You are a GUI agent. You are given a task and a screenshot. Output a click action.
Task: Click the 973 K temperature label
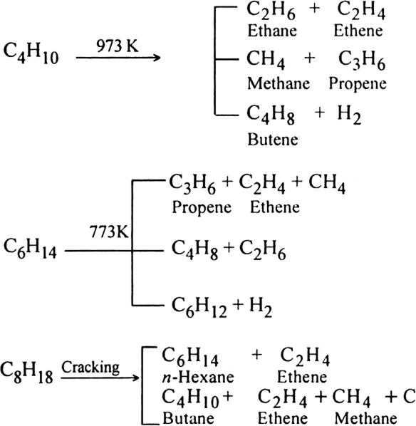click(118, 46)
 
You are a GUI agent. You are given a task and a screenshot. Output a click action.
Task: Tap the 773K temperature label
click(109, 232)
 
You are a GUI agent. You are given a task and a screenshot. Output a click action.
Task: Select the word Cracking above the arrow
click(90, 368)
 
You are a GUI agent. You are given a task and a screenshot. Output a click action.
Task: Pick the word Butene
click(273, 140)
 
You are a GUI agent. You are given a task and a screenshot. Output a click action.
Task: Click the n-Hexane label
click(198, 377)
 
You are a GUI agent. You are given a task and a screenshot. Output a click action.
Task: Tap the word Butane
click(188, 418)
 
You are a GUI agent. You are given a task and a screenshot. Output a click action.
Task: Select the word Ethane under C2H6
click(272, 31)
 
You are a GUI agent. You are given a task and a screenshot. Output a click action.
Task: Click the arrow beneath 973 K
click(118, 58)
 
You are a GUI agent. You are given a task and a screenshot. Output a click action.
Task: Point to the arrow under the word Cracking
click(100, 378)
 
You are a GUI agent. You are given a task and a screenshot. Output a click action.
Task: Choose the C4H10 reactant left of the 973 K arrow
click(31, 54)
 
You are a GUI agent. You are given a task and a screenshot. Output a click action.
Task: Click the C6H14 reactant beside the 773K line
click(30, 249)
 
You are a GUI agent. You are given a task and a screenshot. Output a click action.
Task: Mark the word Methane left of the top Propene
click(279, 83)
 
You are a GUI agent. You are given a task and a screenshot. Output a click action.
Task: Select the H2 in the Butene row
click(349, 115)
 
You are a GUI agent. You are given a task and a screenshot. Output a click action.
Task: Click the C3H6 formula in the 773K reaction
click(192, 185)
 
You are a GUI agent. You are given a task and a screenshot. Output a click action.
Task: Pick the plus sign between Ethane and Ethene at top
click(314, 9)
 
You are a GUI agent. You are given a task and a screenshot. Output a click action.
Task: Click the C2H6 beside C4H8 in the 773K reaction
click(262, 251)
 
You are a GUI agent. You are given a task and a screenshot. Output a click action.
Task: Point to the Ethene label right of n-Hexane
click(302, 377)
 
